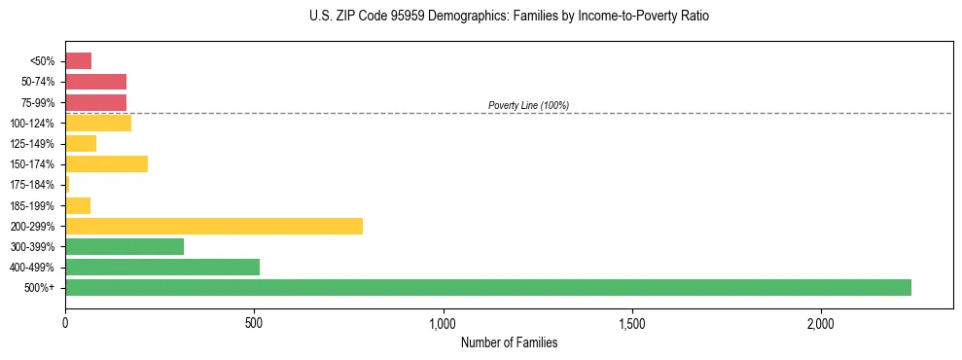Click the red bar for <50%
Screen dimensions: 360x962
[x=78, y=61]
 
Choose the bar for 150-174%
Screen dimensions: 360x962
[x=106, y=163]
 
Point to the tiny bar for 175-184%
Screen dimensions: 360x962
[x=67, y=184]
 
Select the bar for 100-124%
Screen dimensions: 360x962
[x=98, y=123]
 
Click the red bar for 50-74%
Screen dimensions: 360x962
[x=95, y=82]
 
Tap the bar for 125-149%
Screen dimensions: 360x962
[x=81, y=143]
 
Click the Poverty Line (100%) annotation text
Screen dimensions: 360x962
[x=528, y=105]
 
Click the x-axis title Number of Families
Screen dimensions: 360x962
[x=509, y=342]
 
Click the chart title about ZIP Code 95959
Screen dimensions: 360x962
[x=509, y=17]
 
